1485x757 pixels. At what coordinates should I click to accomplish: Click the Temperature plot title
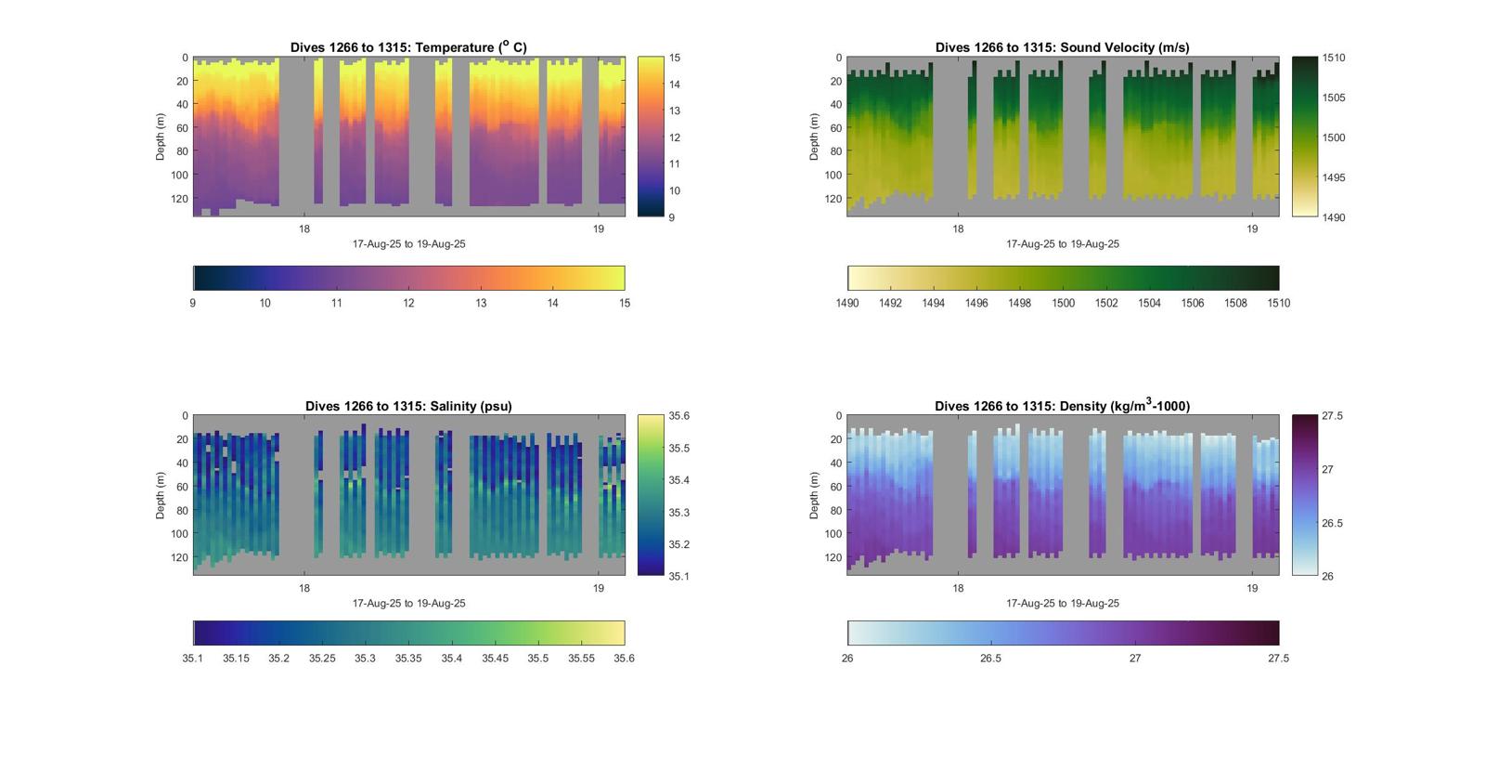408,47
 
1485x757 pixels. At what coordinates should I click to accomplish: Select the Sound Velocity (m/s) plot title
1062,47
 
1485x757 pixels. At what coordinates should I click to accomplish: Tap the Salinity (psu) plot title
408,406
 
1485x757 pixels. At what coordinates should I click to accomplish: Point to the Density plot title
1062,406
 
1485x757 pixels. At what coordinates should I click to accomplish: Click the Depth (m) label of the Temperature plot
161,137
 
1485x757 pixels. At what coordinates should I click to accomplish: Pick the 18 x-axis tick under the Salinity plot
304,588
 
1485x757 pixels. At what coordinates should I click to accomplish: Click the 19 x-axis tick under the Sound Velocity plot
1252,229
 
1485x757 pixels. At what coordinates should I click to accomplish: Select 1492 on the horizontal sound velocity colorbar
890,303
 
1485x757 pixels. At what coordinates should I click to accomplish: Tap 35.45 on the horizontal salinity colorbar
495,659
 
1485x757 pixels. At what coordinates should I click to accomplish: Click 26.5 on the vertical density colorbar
1332,523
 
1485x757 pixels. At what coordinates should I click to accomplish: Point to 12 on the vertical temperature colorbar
675,137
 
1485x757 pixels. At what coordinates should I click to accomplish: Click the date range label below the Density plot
1062,604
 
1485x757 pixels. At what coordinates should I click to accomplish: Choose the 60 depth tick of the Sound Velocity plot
835,128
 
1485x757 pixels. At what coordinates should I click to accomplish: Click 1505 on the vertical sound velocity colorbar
1334,98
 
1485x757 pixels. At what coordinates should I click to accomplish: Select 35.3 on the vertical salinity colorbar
678,513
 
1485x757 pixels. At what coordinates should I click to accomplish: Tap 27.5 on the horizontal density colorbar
1278,659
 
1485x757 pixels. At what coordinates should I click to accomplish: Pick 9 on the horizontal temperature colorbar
193,303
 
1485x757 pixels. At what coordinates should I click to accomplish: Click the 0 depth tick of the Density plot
839,416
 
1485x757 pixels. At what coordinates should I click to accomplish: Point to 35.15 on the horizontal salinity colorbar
236,659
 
